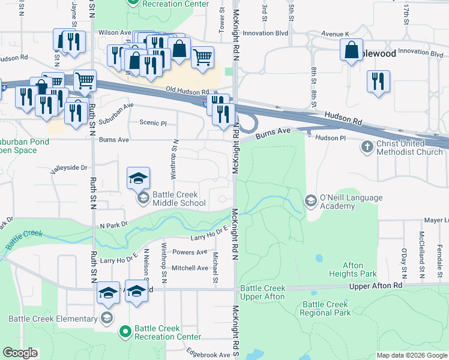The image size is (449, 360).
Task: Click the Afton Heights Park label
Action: (x=352, y=269)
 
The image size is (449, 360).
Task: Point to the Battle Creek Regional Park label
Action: (x=327, y=308)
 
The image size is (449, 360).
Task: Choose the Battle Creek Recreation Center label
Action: (x=167, y=332)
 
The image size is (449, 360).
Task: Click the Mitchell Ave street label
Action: (x=190, y=268)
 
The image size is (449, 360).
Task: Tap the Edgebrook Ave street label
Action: (x=208, y=355)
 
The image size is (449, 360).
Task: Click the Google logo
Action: (x=20, y=353)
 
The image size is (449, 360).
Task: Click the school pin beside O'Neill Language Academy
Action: (x=310, y=199)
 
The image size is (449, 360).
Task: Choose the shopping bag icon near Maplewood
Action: (x=352, y=50)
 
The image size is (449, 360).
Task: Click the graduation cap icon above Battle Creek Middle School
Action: (x=138, y=178)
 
